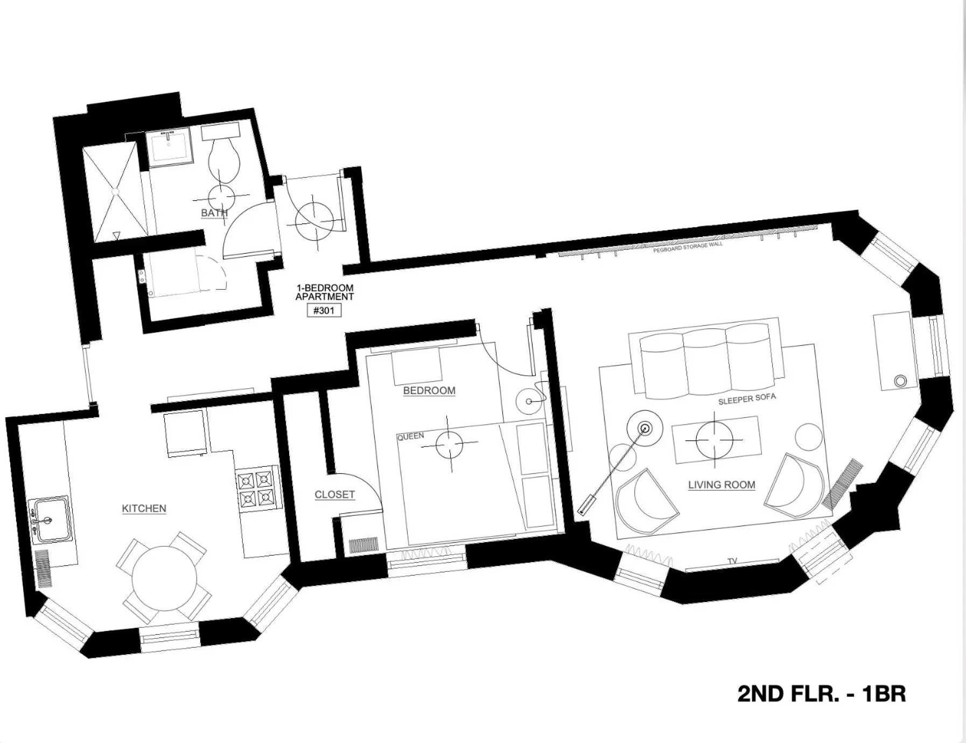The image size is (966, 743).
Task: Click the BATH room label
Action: (214, 213)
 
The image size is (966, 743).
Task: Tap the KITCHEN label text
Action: (144, 508)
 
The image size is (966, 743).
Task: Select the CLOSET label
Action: (334, 494)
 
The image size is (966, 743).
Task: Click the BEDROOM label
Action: (429, 390)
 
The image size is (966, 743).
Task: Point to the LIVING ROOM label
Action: (722, 485)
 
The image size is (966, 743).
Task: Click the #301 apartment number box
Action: (324, 311)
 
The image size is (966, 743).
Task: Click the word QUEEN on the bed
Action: (410, 437)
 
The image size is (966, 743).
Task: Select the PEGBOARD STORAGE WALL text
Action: (688, 248)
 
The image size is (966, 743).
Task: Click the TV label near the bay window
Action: (732, 561)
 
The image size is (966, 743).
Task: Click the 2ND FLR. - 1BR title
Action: (821, 693)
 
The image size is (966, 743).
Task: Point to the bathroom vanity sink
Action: (169, 145)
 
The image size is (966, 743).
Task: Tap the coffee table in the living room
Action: (715, 439)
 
